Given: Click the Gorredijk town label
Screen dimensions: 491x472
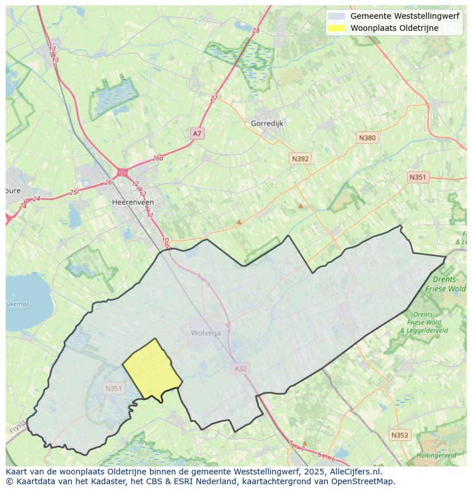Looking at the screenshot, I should point(267,123).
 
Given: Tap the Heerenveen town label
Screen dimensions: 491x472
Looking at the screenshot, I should point(133,202).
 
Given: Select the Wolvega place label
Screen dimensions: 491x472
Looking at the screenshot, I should point(206,333).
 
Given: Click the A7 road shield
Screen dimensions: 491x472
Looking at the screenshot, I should point(197,133).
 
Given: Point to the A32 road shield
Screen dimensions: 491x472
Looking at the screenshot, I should point(241,369).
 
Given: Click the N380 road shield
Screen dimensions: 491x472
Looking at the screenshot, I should point(367,138).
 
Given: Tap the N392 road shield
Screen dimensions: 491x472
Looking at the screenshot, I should point(300,159).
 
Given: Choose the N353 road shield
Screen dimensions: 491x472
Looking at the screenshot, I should point(400,435).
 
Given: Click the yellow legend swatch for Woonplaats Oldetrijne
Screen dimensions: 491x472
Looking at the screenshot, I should point(337,28).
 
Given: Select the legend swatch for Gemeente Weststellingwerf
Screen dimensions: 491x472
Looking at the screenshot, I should point(337,17).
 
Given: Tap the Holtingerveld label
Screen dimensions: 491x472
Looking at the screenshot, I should point(436,455).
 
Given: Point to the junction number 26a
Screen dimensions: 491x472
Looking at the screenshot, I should point(158,159).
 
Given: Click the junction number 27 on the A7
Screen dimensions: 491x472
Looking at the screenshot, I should point(214,98).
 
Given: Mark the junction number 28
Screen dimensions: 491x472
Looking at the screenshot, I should point(255,31).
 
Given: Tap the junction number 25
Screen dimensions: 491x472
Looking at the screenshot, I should point(73,193).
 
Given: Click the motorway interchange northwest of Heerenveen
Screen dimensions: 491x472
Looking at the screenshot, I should point(122,172).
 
